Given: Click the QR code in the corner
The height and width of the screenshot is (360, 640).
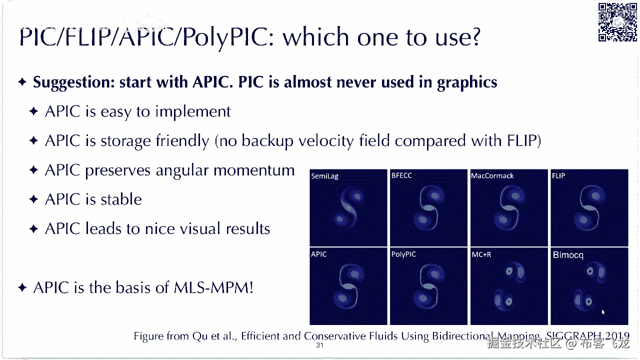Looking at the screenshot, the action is click(617, 22).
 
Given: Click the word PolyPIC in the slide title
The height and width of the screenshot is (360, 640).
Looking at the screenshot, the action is click(228, 37).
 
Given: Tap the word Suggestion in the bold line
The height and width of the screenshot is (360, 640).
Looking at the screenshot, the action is click(74, 82).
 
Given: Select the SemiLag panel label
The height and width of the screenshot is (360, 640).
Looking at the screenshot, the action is click(325, 176).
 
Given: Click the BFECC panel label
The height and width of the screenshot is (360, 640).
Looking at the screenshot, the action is click(401, 175).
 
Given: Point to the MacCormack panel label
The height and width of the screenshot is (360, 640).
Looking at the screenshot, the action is click(492, 175).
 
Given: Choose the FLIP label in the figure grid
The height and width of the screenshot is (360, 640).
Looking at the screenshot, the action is click(558, 175).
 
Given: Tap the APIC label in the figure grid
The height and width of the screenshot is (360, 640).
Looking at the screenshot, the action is click(319, 254).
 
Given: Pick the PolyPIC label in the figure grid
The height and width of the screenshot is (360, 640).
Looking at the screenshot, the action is click(403, 254).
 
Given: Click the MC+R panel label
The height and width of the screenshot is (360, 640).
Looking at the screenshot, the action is click(481, 254).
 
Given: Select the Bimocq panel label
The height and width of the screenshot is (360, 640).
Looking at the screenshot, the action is click(568, 255).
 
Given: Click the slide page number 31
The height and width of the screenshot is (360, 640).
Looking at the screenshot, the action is click(319, 345).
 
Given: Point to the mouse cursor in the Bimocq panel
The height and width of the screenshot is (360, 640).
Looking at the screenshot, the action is click(603, 312).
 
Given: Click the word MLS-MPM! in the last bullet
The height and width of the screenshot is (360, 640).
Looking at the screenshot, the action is click(213, 287).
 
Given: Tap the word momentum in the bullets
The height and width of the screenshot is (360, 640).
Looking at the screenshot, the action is click(254, 170).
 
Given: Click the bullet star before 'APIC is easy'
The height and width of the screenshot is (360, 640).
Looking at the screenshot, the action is click(33, 111).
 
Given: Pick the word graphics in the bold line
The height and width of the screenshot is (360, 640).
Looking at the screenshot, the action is click(467, 83).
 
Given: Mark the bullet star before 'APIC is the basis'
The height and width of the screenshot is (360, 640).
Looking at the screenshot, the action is click(22, 287).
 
